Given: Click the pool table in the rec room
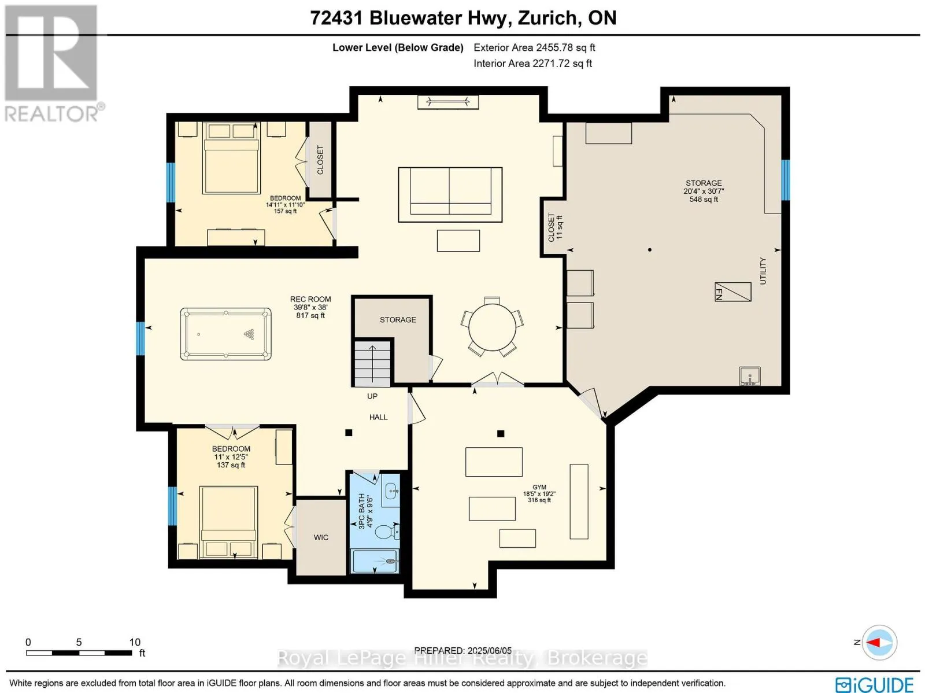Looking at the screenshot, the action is [x=225, y=334].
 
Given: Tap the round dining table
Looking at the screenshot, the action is [x=492, y=327].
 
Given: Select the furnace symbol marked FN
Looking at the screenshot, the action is [x=733, y=292].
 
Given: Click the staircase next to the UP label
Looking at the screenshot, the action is [x=372, y=364].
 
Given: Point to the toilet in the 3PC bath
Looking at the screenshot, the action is [x=386, y=532].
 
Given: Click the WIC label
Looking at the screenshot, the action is [x=321, y=537].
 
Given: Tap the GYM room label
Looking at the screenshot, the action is [x=539, y=487].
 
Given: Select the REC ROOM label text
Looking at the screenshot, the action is [x=310, y=299].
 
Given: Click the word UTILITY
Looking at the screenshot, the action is [x=763, y=271].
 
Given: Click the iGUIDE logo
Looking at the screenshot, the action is [x=875, y=684].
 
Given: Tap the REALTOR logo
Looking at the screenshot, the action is [x=53, y=63].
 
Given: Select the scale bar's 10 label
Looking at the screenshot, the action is [x=135, y=642].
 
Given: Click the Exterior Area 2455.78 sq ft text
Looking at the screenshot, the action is [x=534, y=47].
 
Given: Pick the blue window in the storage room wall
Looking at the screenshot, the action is [x=786, y=180].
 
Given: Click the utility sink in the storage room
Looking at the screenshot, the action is [x=750, y=376].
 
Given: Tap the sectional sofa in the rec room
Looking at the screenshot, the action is [x=450, y=194].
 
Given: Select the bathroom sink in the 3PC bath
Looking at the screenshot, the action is [x=391, y=495].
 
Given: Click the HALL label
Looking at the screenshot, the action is [x=378, y=417].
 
